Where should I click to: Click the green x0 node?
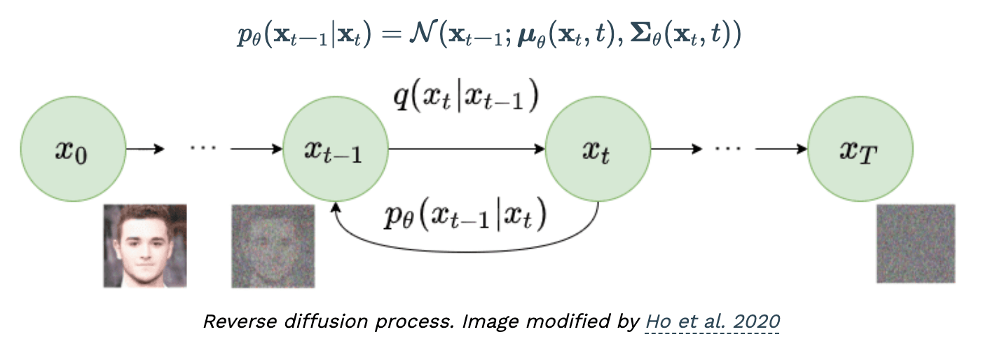(x=73, y=149)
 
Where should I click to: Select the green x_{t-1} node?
(x=335, y=149)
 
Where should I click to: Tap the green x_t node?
(x=598, y=149)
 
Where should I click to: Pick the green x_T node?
(x=860, y=149)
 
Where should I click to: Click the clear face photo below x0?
(x=145, y=245)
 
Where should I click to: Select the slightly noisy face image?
(x=273, y=245)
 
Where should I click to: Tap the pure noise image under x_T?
(x=916, y=244)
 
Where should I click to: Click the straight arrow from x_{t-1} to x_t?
(x=466, y=149)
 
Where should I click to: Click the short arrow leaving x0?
(x=145, y=149)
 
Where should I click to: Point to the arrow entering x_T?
(x=781, y=149)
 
